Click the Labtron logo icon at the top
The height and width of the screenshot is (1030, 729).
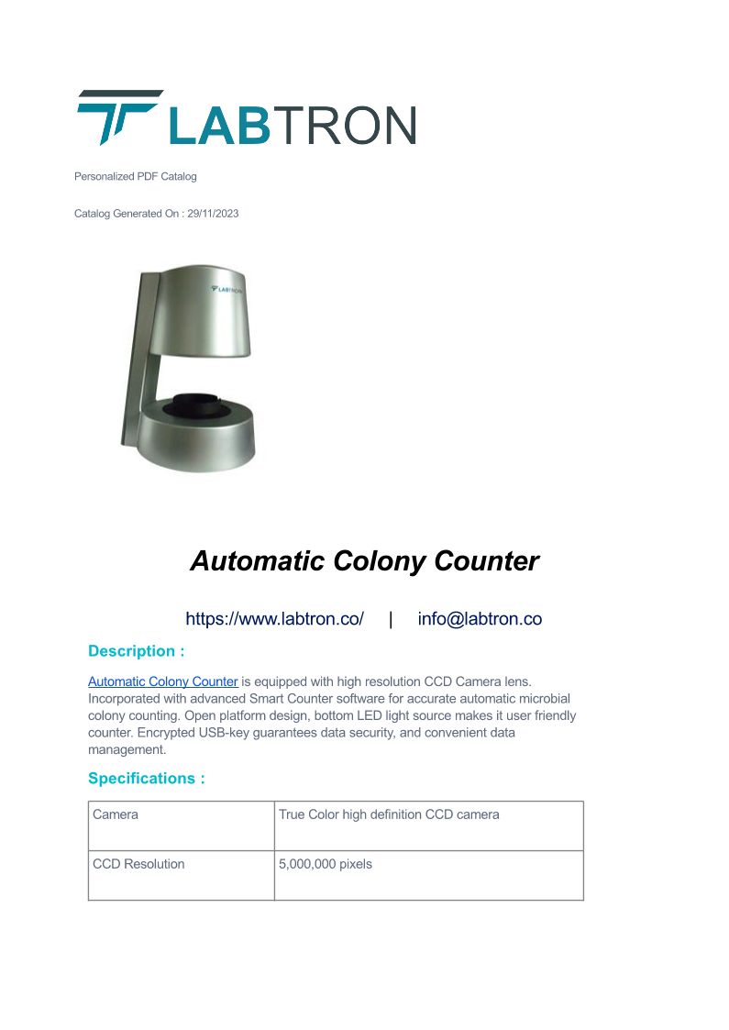(x=117, y=116)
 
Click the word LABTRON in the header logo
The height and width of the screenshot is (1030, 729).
(x=293, y=125)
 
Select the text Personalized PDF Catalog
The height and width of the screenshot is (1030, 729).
(x=135, y=176)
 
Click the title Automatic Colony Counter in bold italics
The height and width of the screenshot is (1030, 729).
(x=364, y=560)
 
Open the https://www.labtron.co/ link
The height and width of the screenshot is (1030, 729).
(x=274, y=619)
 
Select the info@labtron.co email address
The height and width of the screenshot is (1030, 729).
(x=480, y=619)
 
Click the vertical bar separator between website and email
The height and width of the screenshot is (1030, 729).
(x=391, y=619)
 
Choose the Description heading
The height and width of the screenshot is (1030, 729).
(x=136, y=651)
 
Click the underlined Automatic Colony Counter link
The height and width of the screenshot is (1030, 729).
(x=162, y=681)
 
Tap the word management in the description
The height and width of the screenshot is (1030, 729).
(x=127, y=749)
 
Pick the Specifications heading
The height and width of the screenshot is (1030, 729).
(x=146, y=779)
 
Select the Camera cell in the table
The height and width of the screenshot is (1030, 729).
(x=116, y=814)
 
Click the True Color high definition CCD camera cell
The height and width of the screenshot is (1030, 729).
(x=389, y=814)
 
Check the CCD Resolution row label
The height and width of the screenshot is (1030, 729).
(x=138, y=864)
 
